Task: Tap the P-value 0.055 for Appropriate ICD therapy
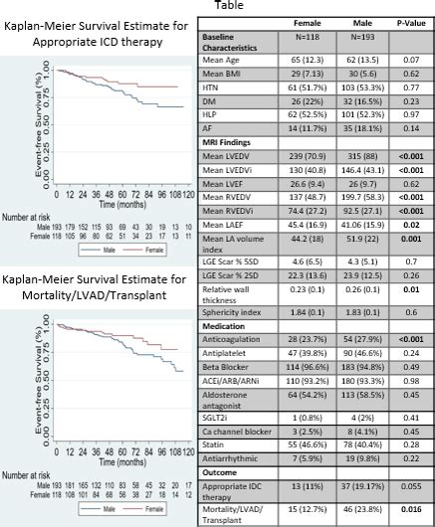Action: pyautogui.click(x=403, y=486)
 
